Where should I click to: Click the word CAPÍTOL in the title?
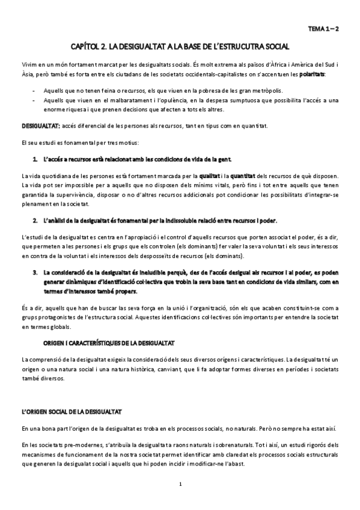click(x=87, y=46)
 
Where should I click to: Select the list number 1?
click(x=35, y=159)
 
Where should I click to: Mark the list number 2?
click(x=35, y=221)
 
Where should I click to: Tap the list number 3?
click(x=35, y=272)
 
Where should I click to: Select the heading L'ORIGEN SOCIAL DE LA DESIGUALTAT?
click(x=72, y=411)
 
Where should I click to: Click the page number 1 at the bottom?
click(x=180, y=484)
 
